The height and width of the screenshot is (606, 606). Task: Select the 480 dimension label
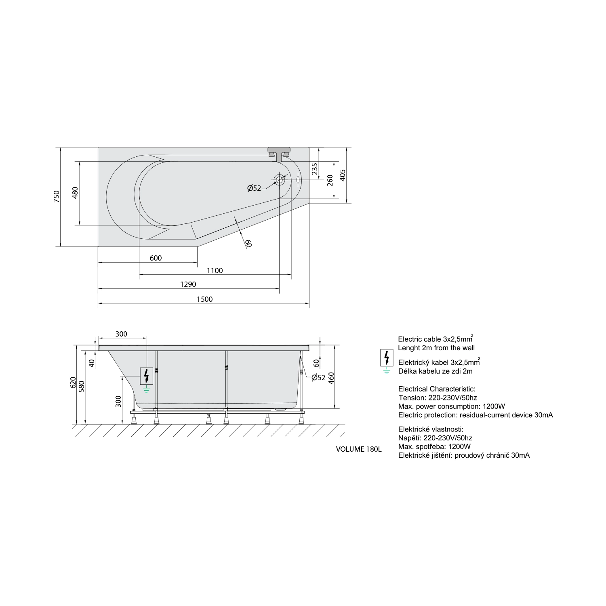pyautogui.click(x=75, y=193)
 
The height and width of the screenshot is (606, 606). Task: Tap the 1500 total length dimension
pyautogui.click(x=204, y=299)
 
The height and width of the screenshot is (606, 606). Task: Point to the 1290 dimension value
pyautogui.click(x=188, y=284)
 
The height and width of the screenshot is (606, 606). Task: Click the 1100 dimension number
pyautogui.click(x=215, y=270)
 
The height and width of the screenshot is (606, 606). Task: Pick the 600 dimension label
pyautogui.click(x=156, y=258)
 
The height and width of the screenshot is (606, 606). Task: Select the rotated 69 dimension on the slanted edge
pyautogui.click(x=248, y=243)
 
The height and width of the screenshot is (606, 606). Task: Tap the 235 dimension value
pyautogui.click(x=315, y=169)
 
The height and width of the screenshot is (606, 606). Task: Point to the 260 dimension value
pyautogui.click(x=329, y=180)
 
